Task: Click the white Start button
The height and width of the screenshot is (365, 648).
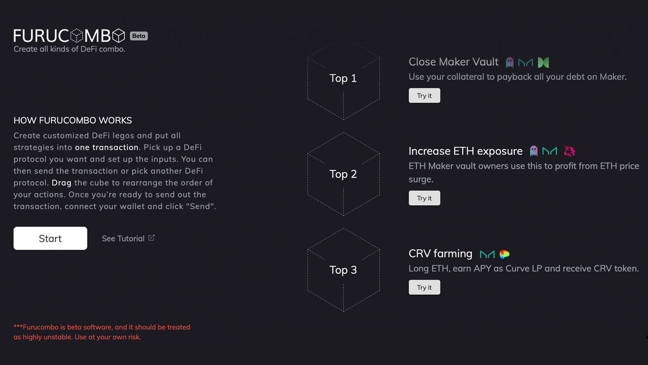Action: pos(50,238)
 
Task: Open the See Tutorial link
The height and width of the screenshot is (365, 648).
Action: pos(128,238)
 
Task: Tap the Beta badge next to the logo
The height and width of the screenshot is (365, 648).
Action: pos(139,36)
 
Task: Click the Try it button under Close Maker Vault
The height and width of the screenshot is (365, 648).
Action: pos(424,96)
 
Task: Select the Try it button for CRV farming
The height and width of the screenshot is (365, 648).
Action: pos(424,287)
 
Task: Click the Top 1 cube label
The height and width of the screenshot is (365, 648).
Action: pos(343,78)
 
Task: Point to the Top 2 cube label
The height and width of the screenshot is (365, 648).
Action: pos(343,174)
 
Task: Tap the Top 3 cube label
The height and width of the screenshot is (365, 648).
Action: pos(343,270)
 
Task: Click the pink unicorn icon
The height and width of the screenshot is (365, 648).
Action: pos(569,151)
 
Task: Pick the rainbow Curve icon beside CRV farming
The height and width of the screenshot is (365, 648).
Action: pos(505,254)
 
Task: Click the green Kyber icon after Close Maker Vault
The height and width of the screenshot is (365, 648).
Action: pos(543,62)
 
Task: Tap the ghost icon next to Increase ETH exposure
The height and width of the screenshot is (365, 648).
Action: pos(534,151)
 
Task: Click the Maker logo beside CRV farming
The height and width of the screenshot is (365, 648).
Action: pos(487,254)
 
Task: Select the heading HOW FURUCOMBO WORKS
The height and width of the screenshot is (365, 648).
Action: pos(72,121)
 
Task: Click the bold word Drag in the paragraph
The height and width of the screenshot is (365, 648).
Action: pos(61,183)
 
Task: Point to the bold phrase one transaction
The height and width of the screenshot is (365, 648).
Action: pos(107,147)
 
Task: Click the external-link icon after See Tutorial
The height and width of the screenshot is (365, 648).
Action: pos(151,238)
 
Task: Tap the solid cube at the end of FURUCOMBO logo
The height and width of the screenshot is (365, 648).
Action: pos(118,35)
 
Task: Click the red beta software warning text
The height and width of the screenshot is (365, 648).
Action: pos(102,332)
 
